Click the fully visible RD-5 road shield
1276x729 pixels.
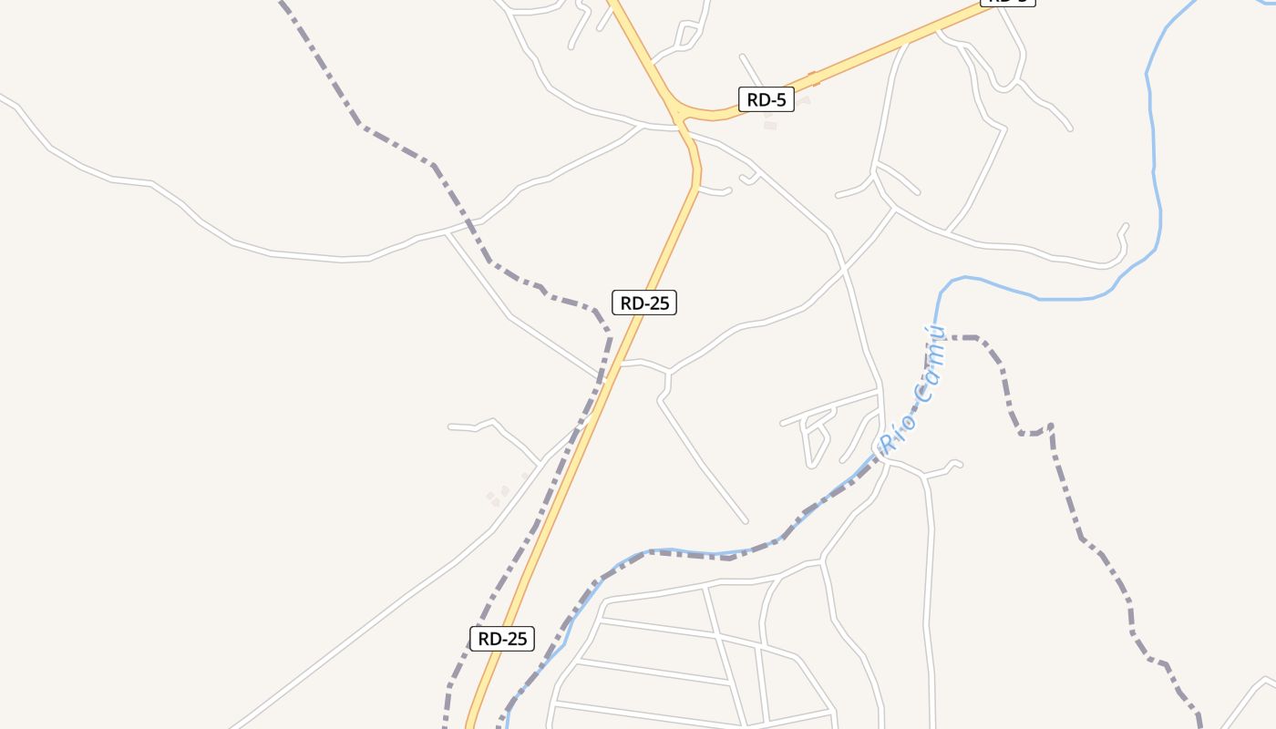point(766,99)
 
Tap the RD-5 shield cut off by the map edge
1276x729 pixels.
point(1007,2)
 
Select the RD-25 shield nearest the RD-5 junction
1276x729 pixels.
point(644,303)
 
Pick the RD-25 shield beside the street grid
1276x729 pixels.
point(502,638)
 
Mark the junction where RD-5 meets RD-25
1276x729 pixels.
point(680,114)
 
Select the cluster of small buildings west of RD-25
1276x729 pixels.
point(499,496)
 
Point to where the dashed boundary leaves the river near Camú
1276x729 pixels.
point(942,338)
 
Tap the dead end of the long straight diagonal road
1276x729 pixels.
point(746,521)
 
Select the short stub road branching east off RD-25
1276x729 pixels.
point(715,190)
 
